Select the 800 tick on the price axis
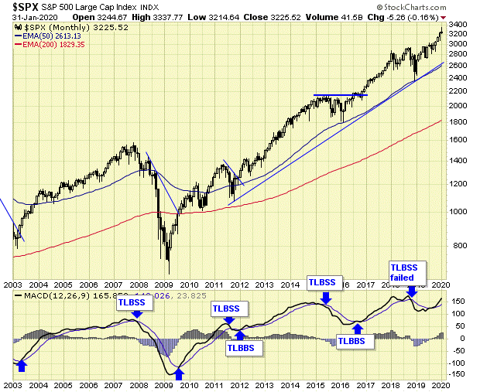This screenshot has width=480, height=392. click(458, 246)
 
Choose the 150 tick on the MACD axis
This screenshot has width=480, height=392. click(458, 301)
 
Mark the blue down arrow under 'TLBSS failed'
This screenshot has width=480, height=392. click(412, 290)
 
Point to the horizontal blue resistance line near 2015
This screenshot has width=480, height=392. click(340, 95)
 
